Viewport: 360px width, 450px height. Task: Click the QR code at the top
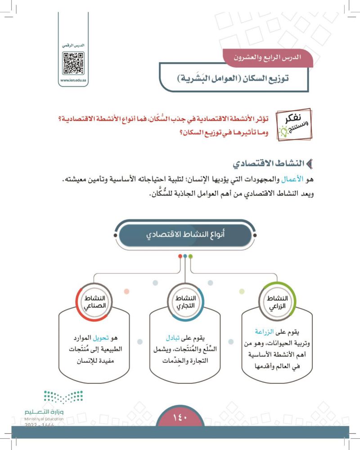coord(73,63)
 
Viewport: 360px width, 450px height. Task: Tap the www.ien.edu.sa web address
coord(73,81)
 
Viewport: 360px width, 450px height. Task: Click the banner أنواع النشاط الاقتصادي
coord(185,235)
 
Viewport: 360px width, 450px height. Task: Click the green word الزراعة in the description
coord(265,332)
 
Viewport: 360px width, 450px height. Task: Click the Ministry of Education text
coord(44,418)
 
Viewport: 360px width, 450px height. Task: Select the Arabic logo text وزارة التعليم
coord(44,412)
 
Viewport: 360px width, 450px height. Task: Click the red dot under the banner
coord(180,256)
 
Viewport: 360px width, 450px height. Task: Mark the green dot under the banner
coord(191,256)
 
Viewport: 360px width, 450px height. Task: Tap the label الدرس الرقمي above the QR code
coord(73,46)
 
